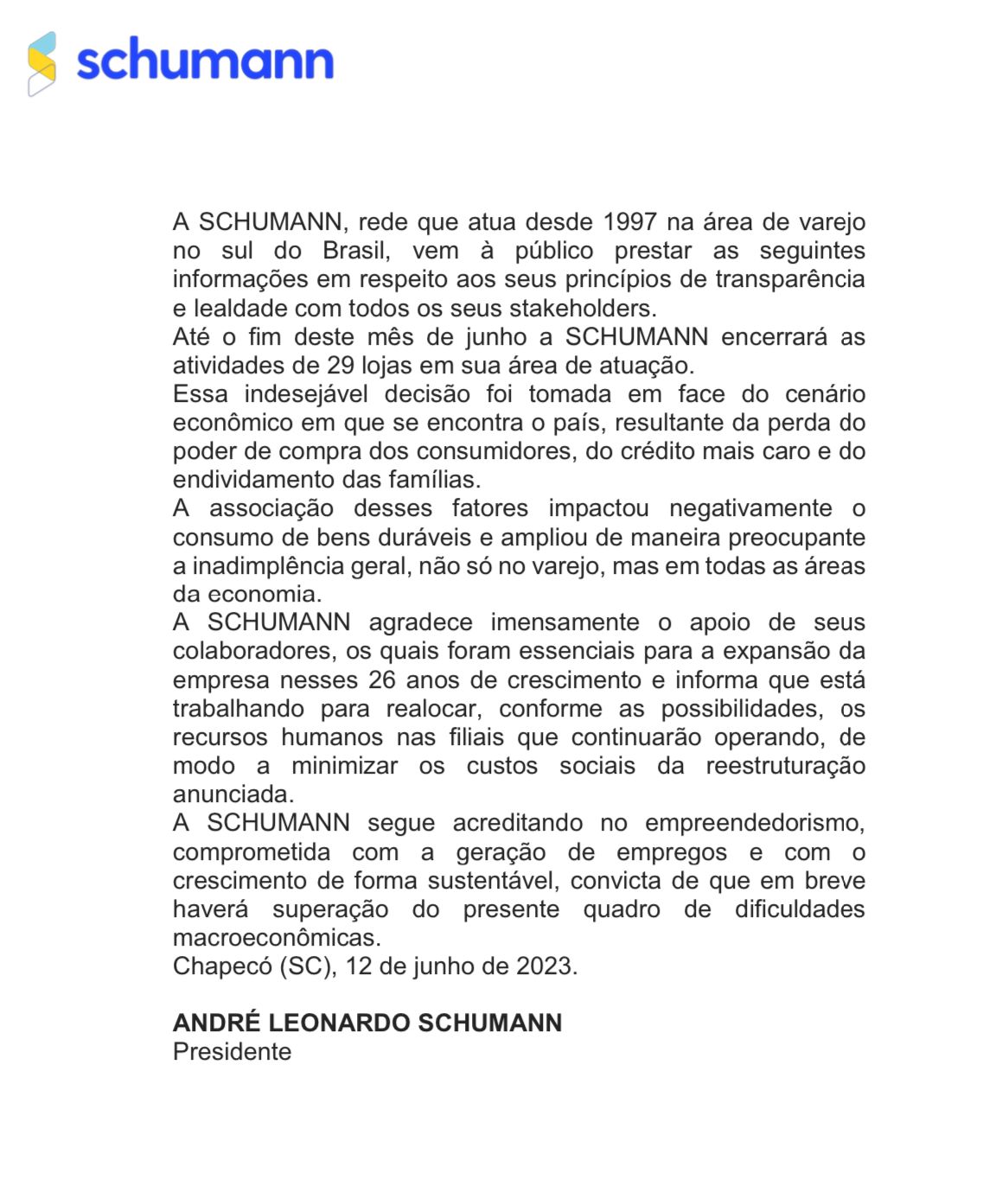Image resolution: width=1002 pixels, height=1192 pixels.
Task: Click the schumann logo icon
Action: (41, 64)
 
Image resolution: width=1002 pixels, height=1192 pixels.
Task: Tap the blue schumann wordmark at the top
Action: (205, 61)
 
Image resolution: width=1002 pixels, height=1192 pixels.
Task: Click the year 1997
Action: (629, 222)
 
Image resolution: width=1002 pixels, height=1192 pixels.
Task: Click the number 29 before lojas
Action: (341, 365)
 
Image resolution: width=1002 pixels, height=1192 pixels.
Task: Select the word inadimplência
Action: (299, 565)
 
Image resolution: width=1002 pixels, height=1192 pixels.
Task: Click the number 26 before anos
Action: (381, 680)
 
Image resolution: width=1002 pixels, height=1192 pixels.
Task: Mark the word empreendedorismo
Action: (754, 823)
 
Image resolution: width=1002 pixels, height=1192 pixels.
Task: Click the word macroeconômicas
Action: (276, 938)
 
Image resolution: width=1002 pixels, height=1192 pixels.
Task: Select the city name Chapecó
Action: (222, 966)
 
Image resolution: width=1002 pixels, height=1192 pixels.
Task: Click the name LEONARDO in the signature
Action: (340, 1023)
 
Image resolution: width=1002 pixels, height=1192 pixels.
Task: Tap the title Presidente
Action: (232, 1052)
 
